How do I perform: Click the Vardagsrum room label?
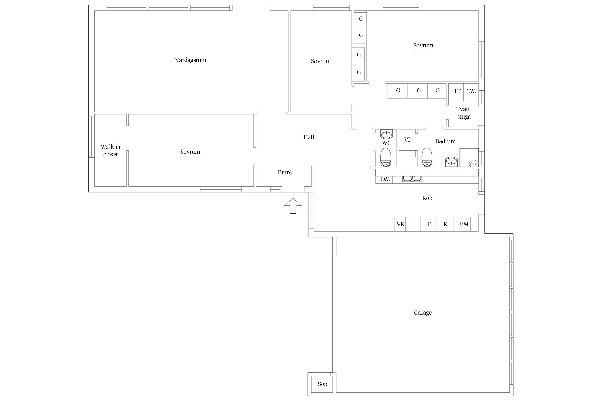(190, 60)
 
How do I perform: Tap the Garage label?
(423, 313)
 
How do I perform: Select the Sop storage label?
(322, 384)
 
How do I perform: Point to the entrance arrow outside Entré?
(293, 206)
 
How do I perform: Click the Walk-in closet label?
(110, 151)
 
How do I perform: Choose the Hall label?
(309, 137)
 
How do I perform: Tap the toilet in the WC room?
(386, 157)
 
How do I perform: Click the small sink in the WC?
(386, 134)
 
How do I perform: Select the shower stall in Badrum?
(469, 157)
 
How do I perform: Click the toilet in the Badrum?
(427, 157)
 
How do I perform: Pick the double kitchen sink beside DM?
(412, 179)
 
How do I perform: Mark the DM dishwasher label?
(385, 179)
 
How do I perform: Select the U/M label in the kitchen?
(463, 224)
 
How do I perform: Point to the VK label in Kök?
(400, 224)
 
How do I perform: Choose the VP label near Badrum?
(408, 140)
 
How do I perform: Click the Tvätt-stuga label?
(464, 113)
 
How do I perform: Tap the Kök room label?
(427, 198)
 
